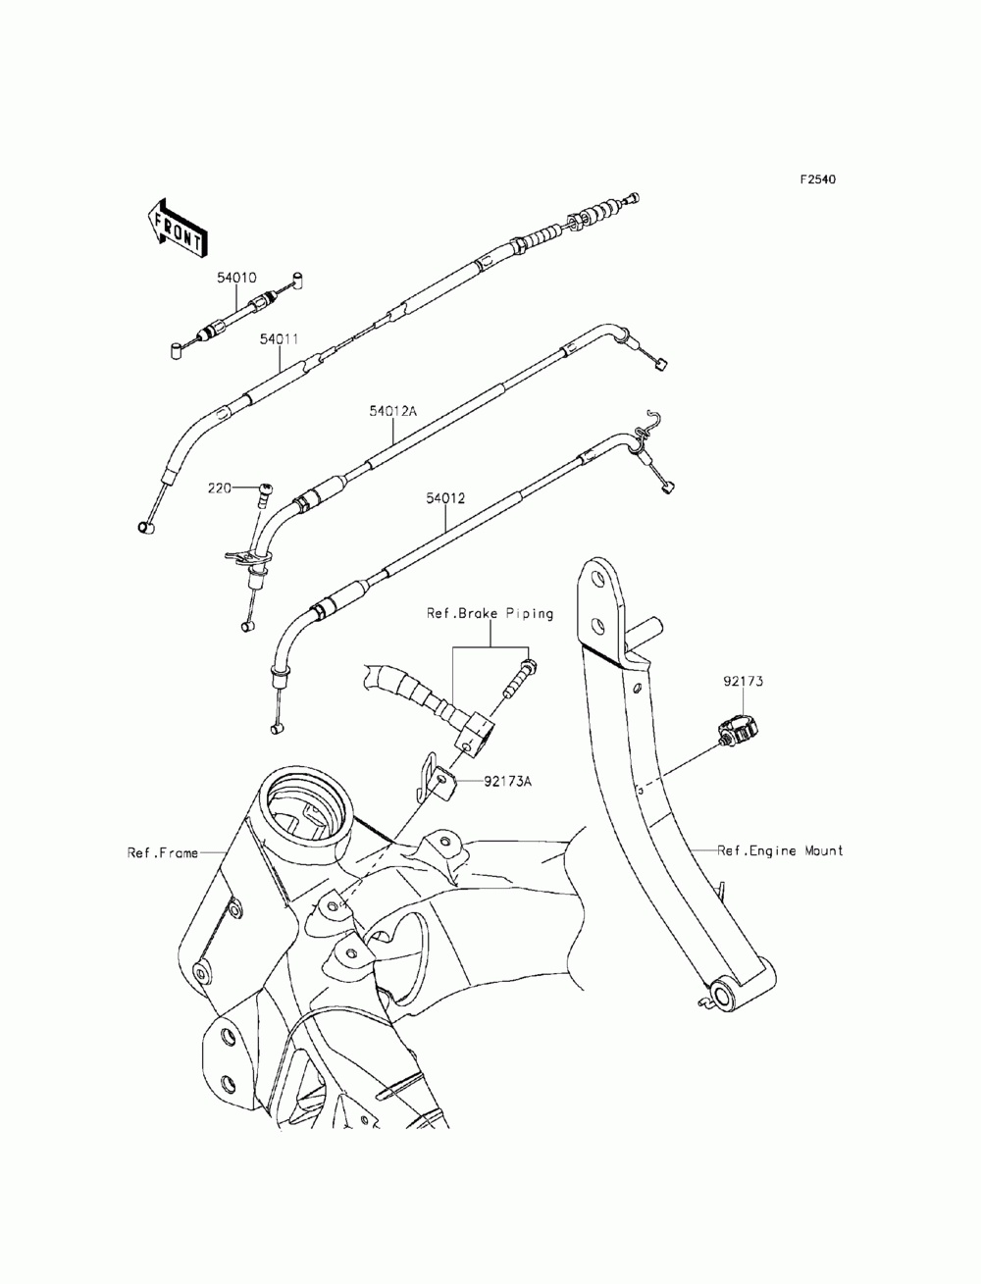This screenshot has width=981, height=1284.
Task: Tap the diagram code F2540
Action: point(817,180)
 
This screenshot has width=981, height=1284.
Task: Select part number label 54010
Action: point(236,278)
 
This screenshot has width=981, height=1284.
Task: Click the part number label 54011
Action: point(279,339)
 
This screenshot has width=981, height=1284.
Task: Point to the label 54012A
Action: point(392,411)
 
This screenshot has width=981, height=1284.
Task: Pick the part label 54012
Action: point(445,498)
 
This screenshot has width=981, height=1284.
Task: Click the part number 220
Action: point(220,488)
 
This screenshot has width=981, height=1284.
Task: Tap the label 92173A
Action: point(507,781)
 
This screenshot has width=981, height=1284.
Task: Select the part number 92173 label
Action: point(743,681)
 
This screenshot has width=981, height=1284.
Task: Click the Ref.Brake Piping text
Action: point(490,614)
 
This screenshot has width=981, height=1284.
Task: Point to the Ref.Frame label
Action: point(163,852)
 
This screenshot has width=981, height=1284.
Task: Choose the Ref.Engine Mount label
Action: point(780,850)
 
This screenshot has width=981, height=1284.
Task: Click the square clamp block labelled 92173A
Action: point(445,785)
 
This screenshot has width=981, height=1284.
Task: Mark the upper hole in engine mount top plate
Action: point(597,579)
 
